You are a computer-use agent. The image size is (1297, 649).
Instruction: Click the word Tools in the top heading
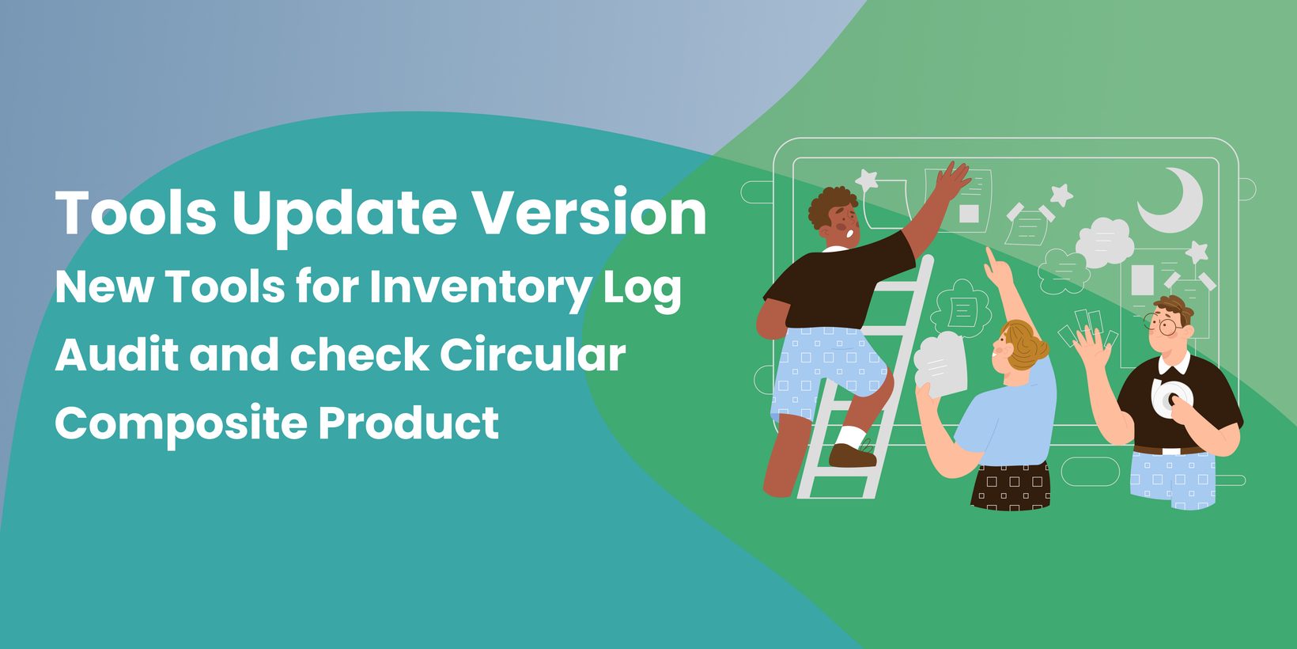coord(135,212)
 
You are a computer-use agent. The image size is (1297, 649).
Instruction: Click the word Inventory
coord(481,289)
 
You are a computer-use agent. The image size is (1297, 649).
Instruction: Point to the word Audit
coord(117,355)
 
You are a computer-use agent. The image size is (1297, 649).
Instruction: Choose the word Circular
coord(533,355)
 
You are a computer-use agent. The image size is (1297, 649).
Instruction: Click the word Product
coord(409,423)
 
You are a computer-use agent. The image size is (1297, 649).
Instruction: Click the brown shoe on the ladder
coord(852,455)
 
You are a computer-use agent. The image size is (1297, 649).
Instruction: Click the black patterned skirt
coord(1010,487)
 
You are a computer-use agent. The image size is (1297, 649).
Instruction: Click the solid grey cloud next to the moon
coord(1104,242)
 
